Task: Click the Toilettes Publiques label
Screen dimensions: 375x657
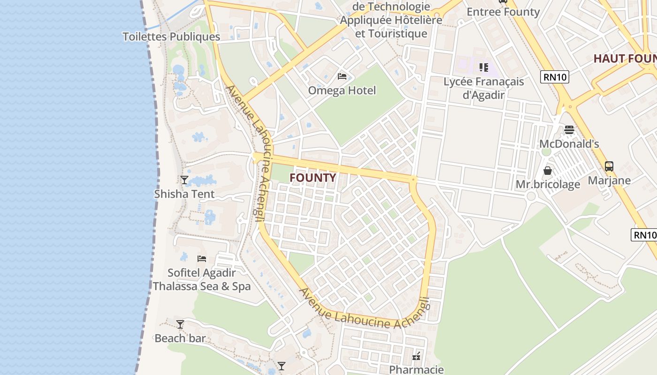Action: click(171, 37)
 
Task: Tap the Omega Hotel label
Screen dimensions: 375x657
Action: click(342, 90)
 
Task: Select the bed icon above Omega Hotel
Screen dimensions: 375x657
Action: click(342, 76)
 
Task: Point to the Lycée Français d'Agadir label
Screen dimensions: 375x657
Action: click(484, 88)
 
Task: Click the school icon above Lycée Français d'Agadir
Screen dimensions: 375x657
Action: click(484, 67)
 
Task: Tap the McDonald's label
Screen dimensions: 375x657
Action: click(569, 144)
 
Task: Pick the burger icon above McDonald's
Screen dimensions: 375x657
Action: click(569, 129)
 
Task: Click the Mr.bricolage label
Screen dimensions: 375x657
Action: click(548, 185)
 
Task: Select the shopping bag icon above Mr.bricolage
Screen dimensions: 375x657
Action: click(548, 170)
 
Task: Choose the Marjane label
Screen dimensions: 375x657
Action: click(609, 180)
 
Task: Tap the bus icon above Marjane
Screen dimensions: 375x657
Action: click(609, 166)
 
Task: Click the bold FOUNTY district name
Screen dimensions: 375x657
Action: click(313, 178)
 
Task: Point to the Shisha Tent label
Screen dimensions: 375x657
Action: click(184, 194)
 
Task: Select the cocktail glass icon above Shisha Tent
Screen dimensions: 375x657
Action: click(184, 180)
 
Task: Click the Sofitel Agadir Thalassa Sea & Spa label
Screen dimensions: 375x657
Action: click(202, 279)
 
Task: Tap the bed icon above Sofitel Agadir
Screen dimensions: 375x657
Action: click(202, 258)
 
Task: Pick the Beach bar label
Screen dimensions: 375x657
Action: click(180, 338)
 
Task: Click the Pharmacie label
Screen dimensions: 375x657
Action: click(416, 369)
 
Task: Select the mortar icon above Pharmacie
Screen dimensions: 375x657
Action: click(416, 356)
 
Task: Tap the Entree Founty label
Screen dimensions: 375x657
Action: click(503, 12)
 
